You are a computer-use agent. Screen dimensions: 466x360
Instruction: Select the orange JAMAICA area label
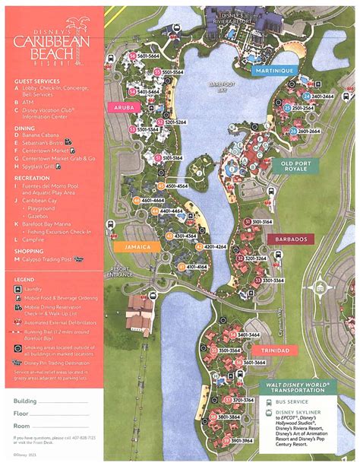pyautogui.click(x=131, y=247)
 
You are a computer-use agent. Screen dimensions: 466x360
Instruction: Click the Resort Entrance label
pyautogui.click(x=121, y=271)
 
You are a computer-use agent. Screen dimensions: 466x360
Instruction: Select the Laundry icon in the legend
pyautogui.click(x=19, y=289)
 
